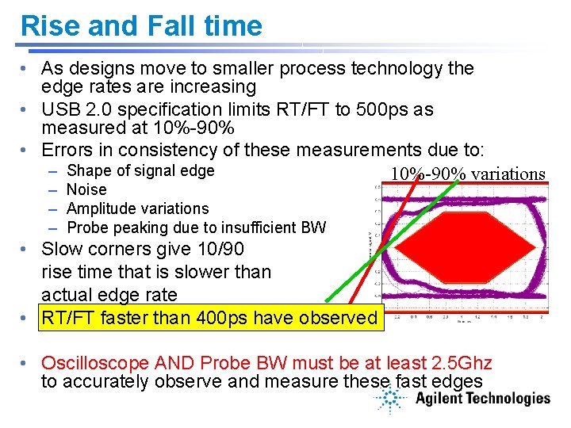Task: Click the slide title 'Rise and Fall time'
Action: click(141, 25)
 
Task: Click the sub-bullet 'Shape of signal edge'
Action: click(140, 170)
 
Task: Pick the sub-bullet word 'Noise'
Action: click(86, 189)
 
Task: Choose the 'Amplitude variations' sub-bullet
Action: click(137, 208)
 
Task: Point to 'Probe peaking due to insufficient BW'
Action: click(196, 228)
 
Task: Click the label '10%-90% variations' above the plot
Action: click(468, 174)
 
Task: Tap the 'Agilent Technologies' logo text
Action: click(482, 399)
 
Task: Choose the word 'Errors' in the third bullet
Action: click(68, 149)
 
